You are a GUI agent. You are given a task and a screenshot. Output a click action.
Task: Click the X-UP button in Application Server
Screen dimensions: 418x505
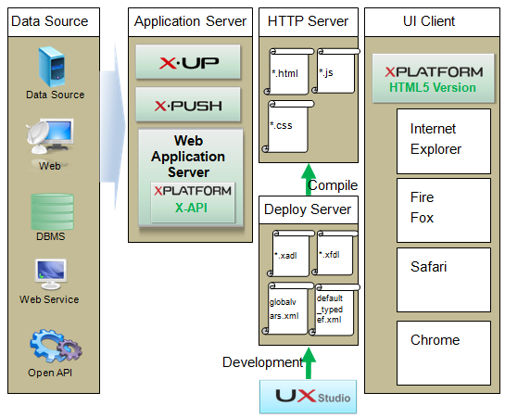(188, 62)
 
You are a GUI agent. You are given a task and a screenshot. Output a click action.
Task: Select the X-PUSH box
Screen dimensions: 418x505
(188, 105)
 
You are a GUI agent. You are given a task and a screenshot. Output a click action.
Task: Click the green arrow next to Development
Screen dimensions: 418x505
(309, 362)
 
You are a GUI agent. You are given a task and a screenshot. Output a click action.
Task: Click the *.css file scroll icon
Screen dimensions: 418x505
(287, 124)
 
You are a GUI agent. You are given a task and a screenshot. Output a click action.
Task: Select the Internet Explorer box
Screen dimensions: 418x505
(442, 139)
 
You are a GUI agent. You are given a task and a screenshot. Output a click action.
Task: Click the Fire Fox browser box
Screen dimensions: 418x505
(442, 209)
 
